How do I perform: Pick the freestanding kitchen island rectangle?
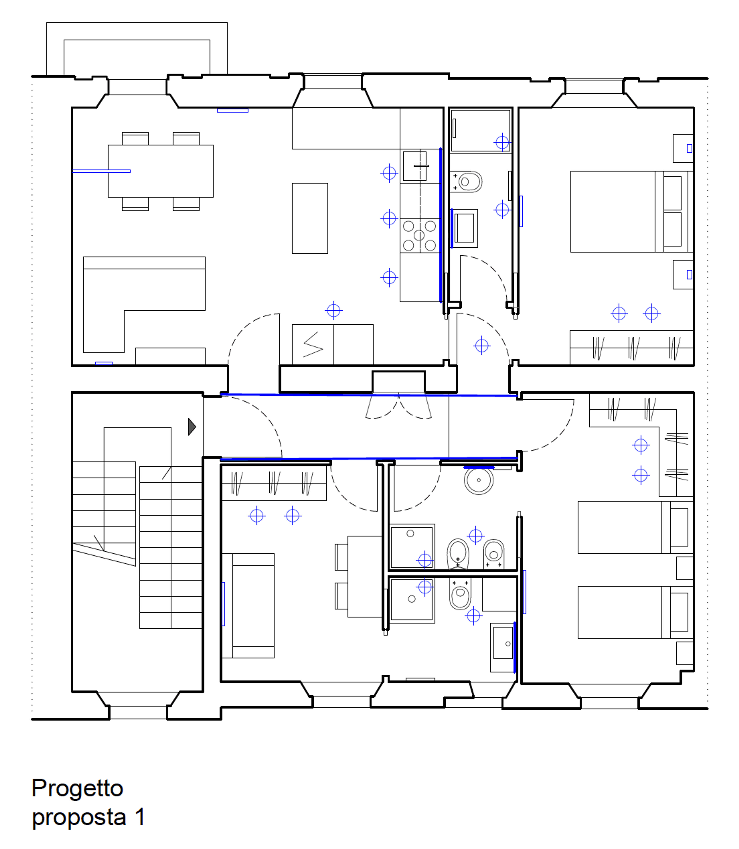coord(310,218)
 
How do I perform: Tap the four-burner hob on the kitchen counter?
coord(419,236)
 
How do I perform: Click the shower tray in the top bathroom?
coord(480,131)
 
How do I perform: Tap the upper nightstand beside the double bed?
coord(683,148)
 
